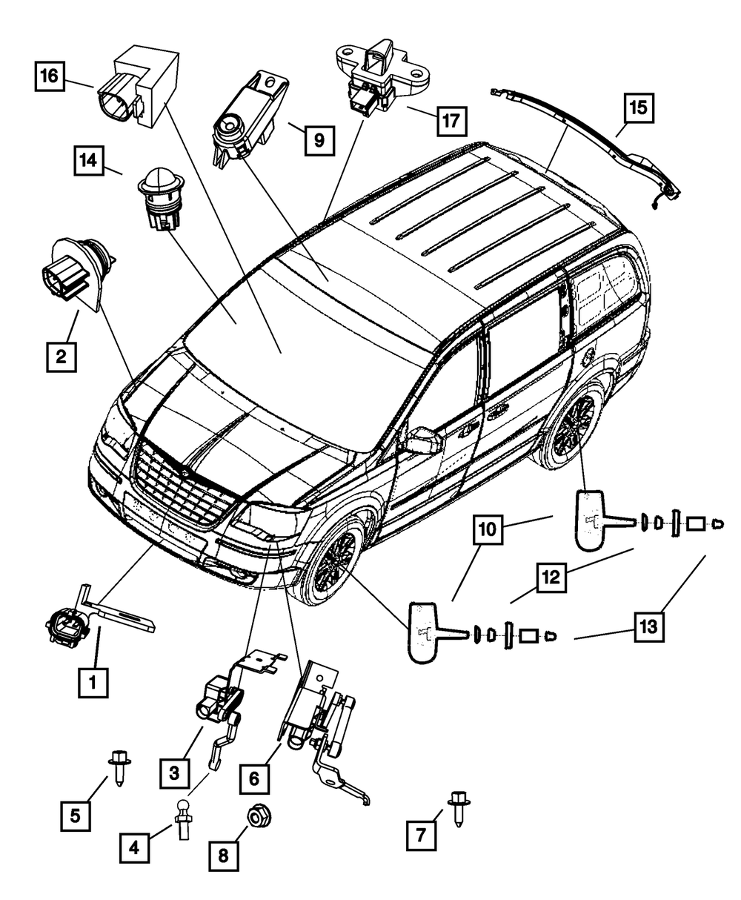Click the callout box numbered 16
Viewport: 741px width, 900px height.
pos(50,76)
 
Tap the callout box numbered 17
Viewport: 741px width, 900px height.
pos(452,121)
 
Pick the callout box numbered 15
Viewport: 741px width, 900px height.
pos(639,107)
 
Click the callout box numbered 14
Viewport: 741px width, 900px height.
pos(89,161)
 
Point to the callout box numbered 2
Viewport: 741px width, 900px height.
pos(62,357)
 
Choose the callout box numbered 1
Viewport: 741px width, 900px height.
pos(93,682)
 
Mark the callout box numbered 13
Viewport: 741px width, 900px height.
pos(649,626)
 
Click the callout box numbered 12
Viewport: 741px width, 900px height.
pos(551,578)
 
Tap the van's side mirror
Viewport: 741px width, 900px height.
pos(424,440)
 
